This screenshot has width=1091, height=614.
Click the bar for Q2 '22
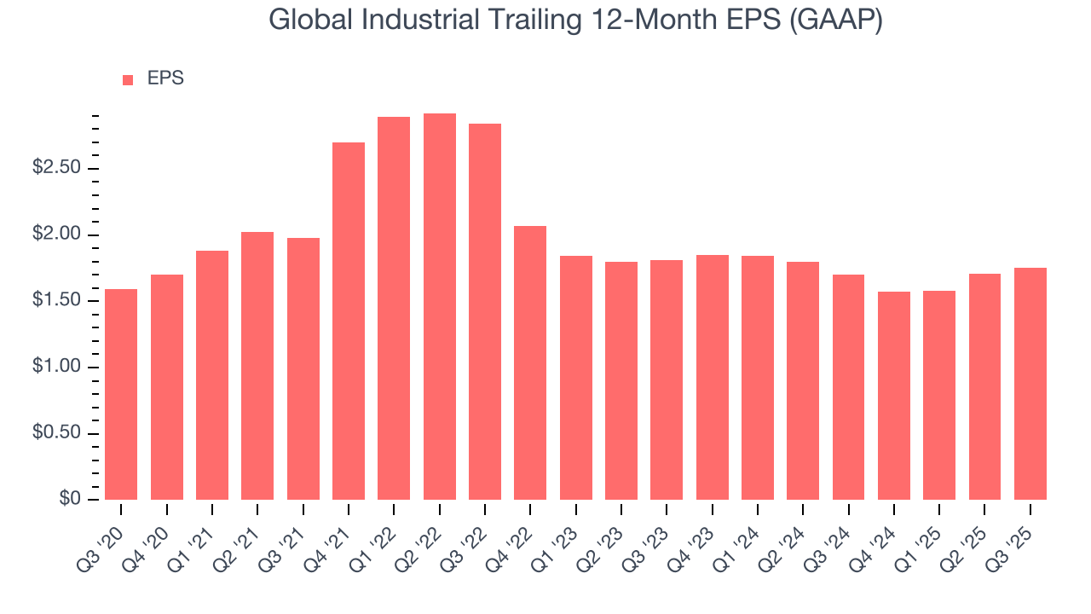coord(440,307)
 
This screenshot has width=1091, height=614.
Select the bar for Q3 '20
coord(121,394)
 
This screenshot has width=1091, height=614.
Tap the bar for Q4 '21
coord(349,321)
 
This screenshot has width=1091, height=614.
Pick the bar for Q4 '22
coord(530,362)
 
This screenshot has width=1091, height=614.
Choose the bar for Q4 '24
coord(894,396)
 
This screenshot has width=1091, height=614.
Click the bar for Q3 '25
coord(1030,384)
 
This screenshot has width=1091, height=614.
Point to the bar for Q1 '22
coord(394,308)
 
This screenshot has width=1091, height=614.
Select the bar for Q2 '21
coord(257,366)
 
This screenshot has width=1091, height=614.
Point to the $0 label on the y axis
coord(69,500)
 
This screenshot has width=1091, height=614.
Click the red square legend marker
coord(128,79)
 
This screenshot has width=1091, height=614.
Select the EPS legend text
coord(165,78)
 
